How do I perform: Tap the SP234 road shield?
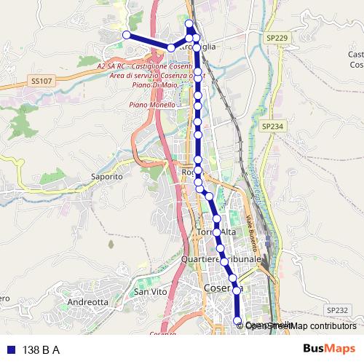click(271, 126)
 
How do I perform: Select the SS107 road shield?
click(41, 81)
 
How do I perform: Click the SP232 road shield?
click(337, 309)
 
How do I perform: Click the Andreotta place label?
click(87, 301)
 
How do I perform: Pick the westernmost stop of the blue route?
click(126, 35)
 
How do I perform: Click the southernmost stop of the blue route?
click(237, 320)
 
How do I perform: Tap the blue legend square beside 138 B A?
click(10, 349)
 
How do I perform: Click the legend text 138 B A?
click(41, 349)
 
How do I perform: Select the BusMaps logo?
click(330, 349)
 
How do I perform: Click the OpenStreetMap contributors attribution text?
click(301, 325)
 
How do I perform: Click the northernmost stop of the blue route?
click(189, 23)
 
